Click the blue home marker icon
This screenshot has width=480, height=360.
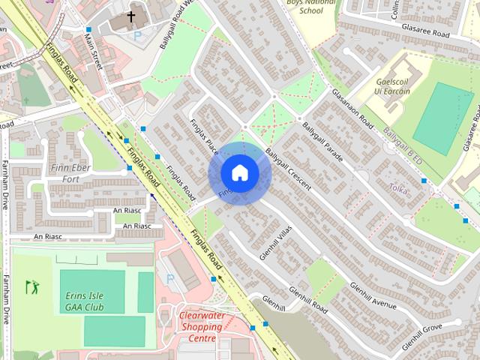coord(239,173)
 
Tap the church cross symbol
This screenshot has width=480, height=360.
coord(131,16)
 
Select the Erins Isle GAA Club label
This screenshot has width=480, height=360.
coord(94,301)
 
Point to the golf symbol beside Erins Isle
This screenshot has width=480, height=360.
coord(31,286)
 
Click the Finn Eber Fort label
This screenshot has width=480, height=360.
coord(70,172)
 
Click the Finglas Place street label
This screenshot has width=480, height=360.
coord(202,134)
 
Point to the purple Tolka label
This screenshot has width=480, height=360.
coord(399,190)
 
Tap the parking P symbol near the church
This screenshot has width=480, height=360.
coord(136,35)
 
